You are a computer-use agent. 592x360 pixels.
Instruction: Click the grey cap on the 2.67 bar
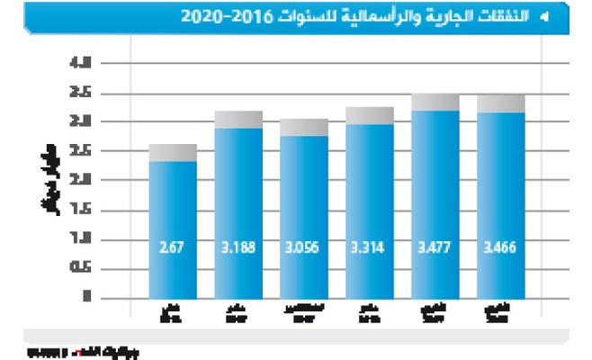click(x=173, y=152)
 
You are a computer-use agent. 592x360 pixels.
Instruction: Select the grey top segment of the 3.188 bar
click(x=238, y=120)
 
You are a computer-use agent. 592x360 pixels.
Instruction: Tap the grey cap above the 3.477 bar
click(x=435, y=102)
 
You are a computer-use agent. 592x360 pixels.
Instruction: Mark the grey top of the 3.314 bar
click(x=369, y=115)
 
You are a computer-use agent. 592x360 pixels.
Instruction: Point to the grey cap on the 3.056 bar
click(x=304, y=127)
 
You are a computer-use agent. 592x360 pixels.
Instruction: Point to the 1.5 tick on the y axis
click(x=86, y=210)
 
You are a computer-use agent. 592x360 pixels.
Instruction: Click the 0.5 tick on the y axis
click(x=86, y=268)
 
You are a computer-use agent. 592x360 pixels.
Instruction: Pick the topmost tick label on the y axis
click(x=86, y=64)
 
